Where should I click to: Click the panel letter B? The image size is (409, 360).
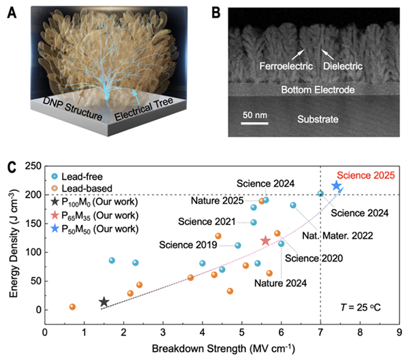pos(216,11)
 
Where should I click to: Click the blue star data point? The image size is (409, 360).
pos(336,186)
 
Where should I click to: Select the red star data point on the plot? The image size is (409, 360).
pos(265,241)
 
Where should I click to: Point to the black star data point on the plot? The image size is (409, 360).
pos(104,301)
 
